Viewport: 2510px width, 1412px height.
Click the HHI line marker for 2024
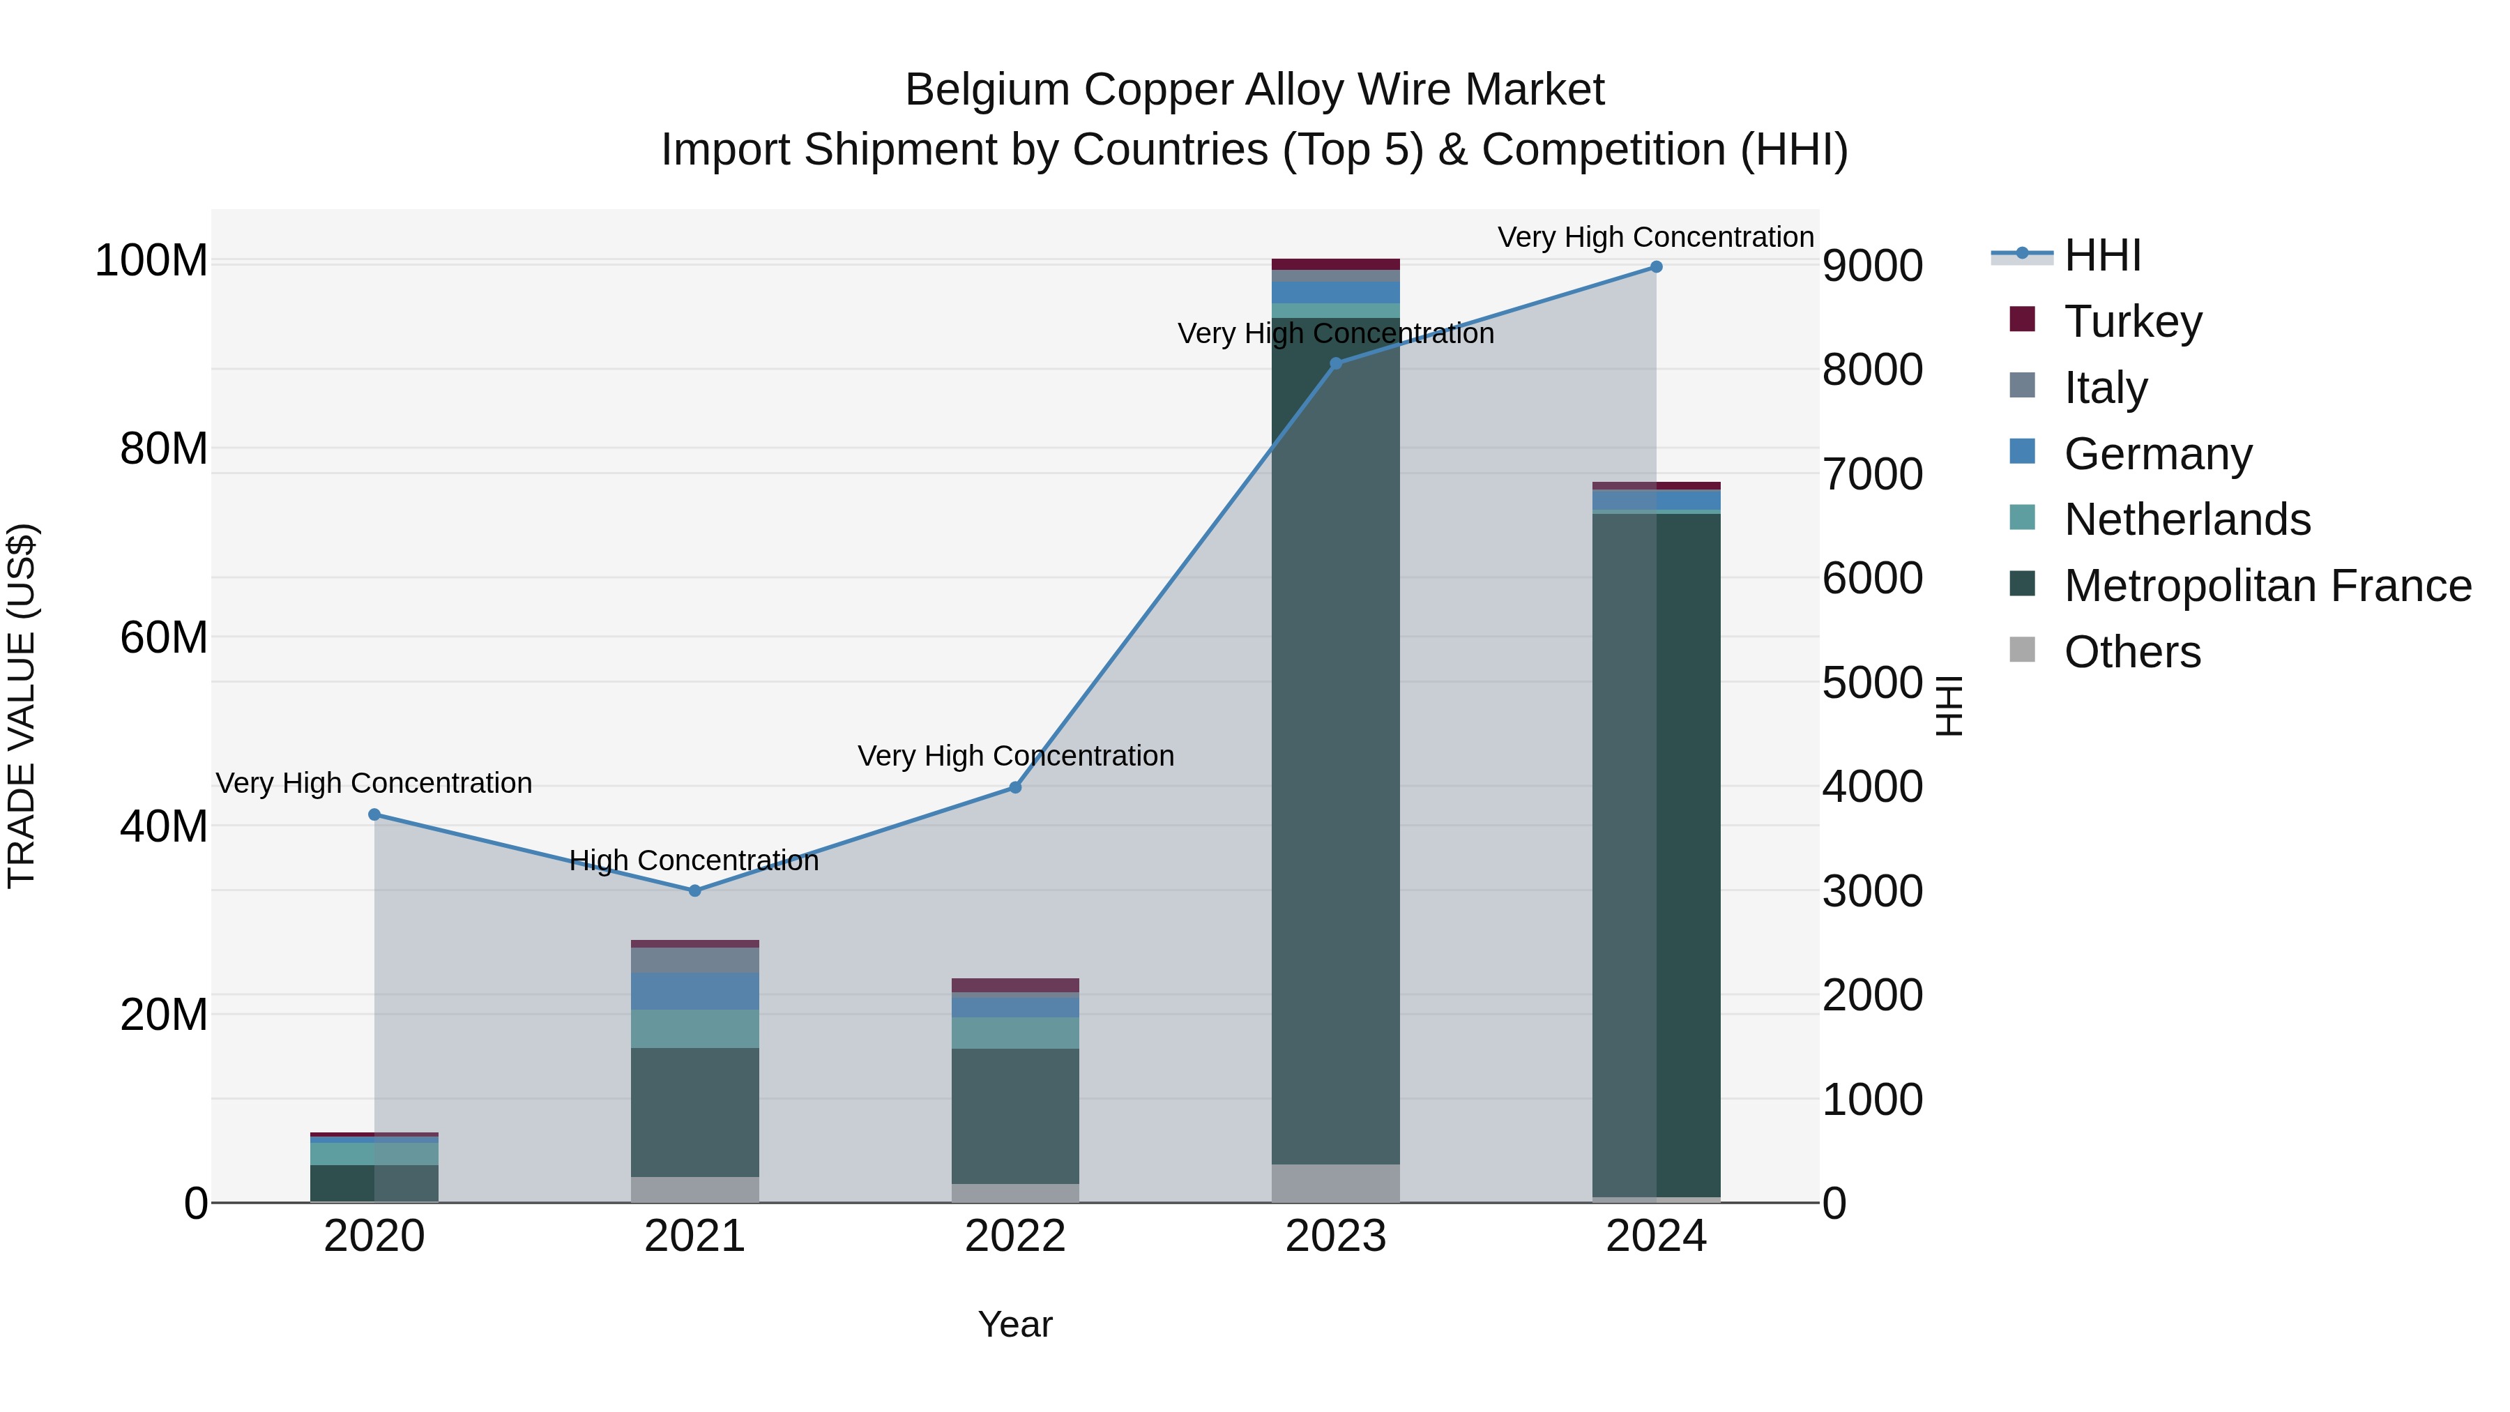pos(1655,267)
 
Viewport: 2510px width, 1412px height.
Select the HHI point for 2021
pos(694,890)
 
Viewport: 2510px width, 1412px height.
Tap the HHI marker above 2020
pos(374,814)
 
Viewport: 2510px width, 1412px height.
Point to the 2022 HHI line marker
pos(1015,787)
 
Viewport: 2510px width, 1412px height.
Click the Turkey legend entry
pos(2132,321)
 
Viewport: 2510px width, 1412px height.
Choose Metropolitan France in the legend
pos(2267,586)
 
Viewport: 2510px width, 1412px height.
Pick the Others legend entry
pos(2132,652)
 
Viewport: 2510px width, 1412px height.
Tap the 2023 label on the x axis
pos(1335,1236)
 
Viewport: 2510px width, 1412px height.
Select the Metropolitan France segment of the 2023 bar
pos(1335,741)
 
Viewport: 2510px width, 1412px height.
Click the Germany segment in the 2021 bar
pos(694,991)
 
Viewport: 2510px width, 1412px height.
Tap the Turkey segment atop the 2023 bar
pos(1335,264)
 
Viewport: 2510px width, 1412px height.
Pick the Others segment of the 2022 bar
pos(1015,1193)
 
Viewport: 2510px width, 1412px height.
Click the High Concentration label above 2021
pos(694,860)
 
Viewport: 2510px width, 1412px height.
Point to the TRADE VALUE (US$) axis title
pos(22,706)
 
